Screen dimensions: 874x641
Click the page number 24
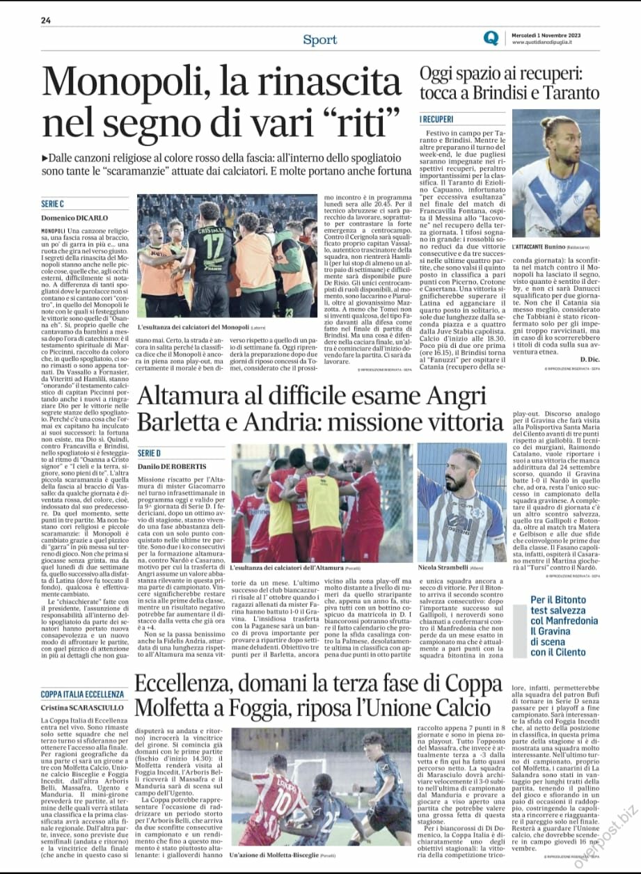[x=46, y=20]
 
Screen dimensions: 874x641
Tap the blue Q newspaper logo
[x=492, y=39]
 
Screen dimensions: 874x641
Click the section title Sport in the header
[x=320, y=40]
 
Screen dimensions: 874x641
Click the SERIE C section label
[x=52, y=204]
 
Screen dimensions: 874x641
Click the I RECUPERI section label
[x=437, y=119]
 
